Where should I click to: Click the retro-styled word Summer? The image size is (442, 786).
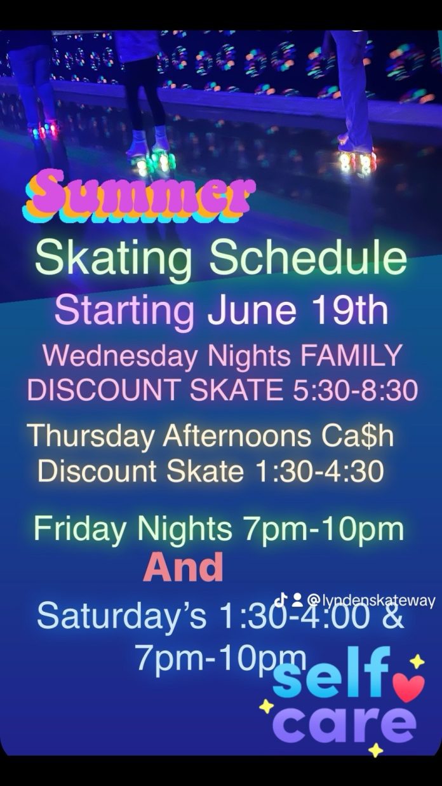[x=140, y=196]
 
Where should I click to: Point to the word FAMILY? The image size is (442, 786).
[x=350, y=355]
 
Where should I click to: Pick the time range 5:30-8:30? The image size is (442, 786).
[x=356, y=390]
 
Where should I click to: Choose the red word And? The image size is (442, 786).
[x=183, y=567]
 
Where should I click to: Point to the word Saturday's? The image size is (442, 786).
[x=122, y=617]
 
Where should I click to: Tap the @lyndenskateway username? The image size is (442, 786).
[x=371, y=600]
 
